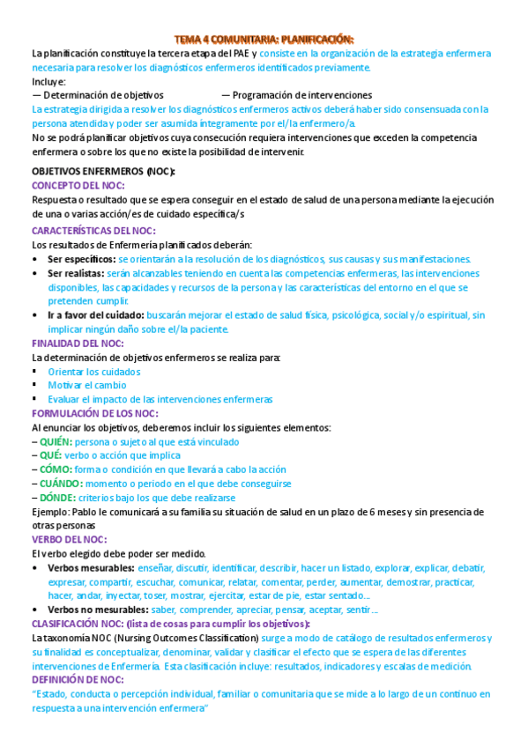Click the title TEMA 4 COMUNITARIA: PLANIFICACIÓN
(x=264, y=40)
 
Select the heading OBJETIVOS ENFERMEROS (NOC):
(x=103, y=171)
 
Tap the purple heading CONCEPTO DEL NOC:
(x=78, y=185)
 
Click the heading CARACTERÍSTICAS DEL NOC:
(x=93, y=230)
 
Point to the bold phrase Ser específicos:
(x=81, y=259)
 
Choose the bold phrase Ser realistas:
(x=77, y=273)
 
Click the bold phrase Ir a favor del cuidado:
(x=95, y=314)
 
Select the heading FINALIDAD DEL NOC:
(x=78, y=343)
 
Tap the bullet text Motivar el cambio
(x=87, y=385)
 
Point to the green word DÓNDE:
(x=56, y=498)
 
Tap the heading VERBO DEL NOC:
(x=70, y=539)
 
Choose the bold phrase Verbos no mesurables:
(x=97, y=610)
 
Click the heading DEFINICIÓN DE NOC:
(x=78, y=680)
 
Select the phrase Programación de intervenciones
(x=302, y=95)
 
